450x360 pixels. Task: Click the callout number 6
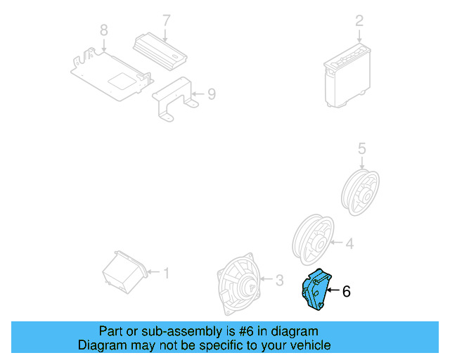tap(346, 290)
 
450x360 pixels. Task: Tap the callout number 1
tap(167, 272)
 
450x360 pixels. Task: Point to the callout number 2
tap(359, 21)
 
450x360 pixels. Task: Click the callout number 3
tap(279, 281)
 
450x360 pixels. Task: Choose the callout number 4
tap(349, 244)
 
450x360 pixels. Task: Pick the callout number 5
tap(362, 148)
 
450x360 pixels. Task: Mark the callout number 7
tap(167, 20)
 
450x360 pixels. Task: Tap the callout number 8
tap(104, 30)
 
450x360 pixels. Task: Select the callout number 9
tap(212, 93)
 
